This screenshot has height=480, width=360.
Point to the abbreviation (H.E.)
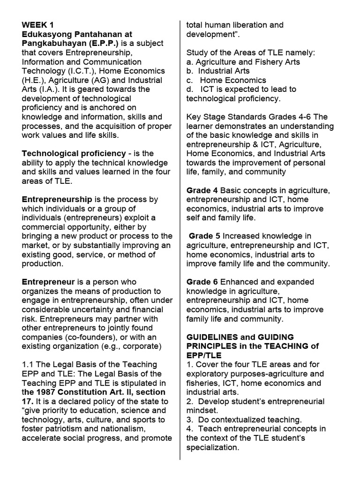point(32,80)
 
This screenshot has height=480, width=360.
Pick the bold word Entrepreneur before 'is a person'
point(48,282)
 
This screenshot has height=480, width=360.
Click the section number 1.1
point(29,365)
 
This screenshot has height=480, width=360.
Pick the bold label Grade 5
point(204,236)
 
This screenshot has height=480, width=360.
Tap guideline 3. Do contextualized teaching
point(244,420)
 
